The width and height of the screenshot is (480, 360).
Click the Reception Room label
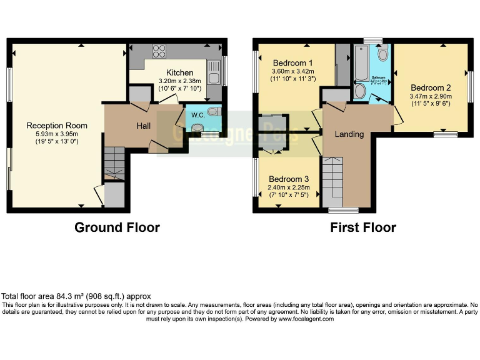click(57, 126)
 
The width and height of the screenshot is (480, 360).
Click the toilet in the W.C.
click(212, 112)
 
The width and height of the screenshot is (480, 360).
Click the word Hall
click(144, 126)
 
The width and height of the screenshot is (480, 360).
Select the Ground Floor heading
click(117, 227)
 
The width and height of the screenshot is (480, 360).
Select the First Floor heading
click(363, 227)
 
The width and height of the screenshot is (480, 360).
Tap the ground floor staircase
click(114, 164)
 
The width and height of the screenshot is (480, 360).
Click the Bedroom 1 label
click(292, 63)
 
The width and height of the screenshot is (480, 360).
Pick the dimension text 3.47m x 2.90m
click(430, 97)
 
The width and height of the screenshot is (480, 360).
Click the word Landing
click(349, 134)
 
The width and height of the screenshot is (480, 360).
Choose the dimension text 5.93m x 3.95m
click(57, 134)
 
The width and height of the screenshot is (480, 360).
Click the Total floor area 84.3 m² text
click(76, 296)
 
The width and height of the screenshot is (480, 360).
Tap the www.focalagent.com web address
click(306, 319)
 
